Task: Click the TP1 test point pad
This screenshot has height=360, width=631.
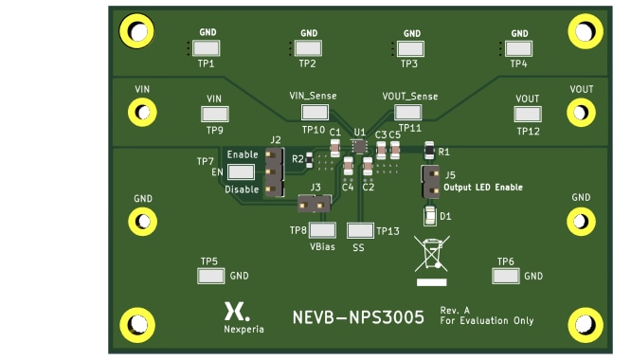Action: coord(206,48)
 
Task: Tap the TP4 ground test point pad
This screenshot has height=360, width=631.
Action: coord(518,48)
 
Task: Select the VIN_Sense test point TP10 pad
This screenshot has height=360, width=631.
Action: coord(313,112)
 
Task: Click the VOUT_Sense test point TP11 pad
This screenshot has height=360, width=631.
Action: coord(408,112)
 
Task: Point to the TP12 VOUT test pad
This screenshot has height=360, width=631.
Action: coord(527,115)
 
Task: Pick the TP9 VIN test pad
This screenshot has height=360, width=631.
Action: coord(215,114)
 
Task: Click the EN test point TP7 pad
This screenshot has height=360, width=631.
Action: coord(242,172)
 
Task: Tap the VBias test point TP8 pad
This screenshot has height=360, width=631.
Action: coord(323,229)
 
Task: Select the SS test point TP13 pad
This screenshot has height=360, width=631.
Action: coord(359,230)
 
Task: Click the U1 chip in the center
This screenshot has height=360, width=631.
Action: coord(359,146)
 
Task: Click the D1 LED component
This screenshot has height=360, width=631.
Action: coord(430,217)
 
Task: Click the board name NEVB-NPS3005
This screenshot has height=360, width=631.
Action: coord(357,317)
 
